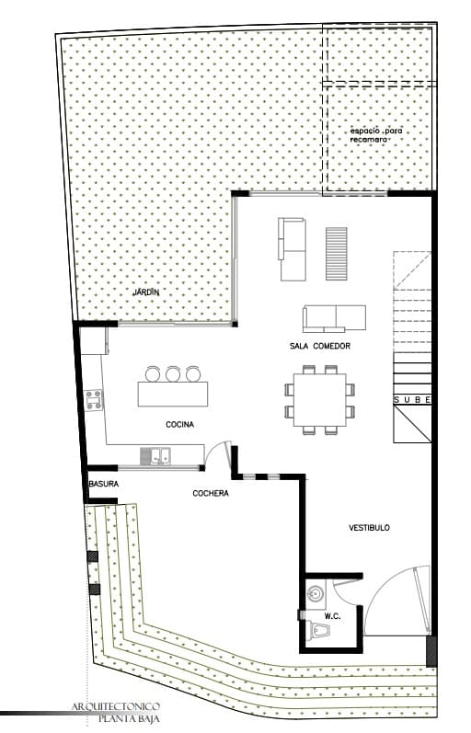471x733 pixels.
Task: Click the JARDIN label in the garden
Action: pyautogui.click(x=146, y=292)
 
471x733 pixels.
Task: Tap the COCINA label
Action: pyautogui.click(x=180, y=425)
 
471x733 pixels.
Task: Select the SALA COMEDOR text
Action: pyautogui.click(x=320, y=346)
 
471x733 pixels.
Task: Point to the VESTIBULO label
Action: pyautogui.click(x=370, y=528)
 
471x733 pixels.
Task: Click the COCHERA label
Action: pyautogui.click(x=211, y=493)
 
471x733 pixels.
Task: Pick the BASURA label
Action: pyautogui.click(x=104, y=484)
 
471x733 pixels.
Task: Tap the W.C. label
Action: pyautogui.click(x=333, y=616)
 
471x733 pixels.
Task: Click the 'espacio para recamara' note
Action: pyautogui.click(x=376, y=135)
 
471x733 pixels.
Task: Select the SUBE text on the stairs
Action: pyautogui.click(x=412, y=400)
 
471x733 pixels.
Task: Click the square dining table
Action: pyautogui.click(x=320, y=400)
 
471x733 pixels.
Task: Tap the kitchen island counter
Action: pyautogui.click(x=173, y=394)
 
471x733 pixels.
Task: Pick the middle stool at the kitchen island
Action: pyautogui.click(x=173, y=374)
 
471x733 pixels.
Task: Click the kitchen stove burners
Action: pyautogui.click(x=94, y=401)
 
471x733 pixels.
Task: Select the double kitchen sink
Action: pyautogui.click(x=156, y=456)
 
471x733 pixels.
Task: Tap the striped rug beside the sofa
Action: pyautogui.click(x=337, y=254)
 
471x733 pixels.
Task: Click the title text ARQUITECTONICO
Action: pyautogui.click(x=116, y=706)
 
